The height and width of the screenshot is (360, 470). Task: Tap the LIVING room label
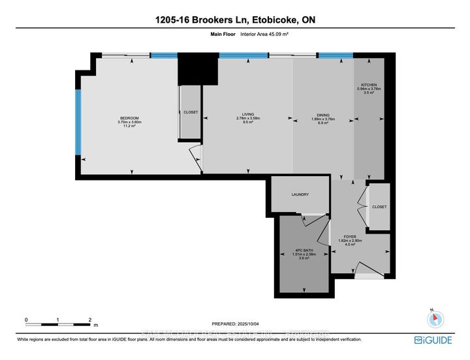tap(248, 115)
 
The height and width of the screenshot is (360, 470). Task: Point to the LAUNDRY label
tap(300, 194)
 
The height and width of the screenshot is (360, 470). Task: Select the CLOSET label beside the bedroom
tap(190, 112)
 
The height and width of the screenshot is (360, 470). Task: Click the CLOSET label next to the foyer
tap(379, 207)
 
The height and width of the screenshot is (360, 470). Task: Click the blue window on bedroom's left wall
tap(78, 122)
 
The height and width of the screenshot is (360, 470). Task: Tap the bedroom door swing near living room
tap(195, 157)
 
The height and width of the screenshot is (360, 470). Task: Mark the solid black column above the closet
tap(197, 68)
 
